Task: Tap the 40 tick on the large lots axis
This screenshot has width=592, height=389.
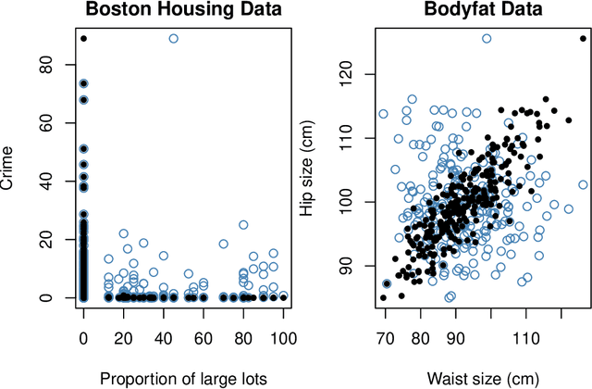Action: click(x=163, y=339)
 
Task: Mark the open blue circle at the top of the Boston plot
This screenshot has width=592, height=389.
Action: click(x=174, y=38)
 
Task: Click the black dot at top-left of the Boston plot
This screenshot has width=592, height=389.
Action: click(x=83, y=38)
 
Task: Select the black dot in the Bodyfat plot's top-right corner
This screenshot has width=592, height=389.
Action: click(x=583, y=38)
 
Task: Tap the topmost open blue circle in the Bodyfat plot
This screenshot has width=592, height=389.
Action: click(x=487, y=38)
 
